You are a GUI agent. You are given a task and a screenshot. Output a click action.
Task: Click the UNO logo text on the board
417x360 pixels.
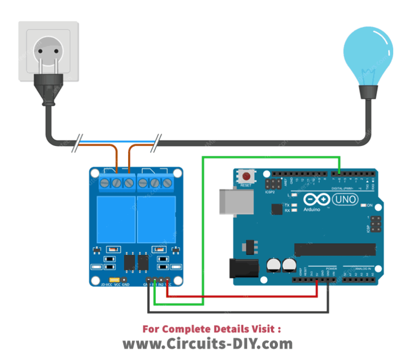(345, 200)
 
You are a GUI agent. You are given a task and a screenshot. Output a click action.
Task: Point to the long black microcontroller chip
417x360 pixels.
(334, 249)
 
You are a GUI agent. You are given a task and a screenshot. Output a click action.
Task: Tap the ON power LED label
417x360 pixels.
(370, 206)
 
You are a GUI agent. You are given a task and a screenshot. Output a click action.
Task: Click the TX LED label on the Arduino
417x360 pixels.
(287, 205)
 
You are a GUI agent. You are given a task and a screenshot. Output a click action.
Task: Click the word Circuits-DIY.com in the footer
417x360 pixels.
(207, 344)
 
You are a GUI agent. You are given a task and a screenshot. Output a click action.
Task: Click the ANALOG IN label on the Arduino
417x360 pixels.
(363, 269)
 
